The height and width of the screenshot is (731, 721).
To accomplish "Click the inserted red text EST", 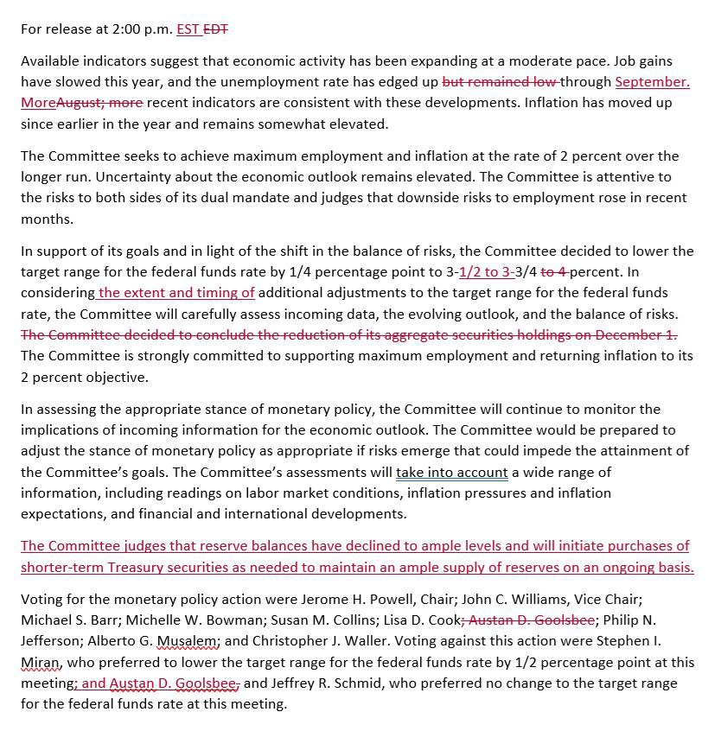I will coord(188,29).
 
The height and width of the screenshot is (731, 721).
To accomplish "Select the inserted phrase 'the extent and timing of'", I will coord(177,293).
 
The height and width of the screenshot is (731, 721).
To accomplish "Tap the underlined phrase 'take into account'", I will coord(451,472).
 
